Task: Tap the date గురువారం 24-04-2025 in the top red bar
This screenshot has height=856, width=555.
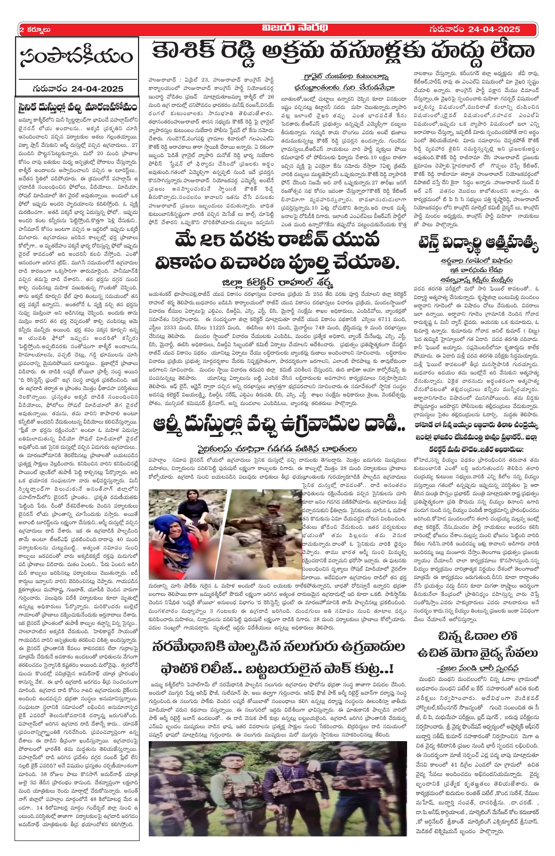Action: (474, 29)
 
